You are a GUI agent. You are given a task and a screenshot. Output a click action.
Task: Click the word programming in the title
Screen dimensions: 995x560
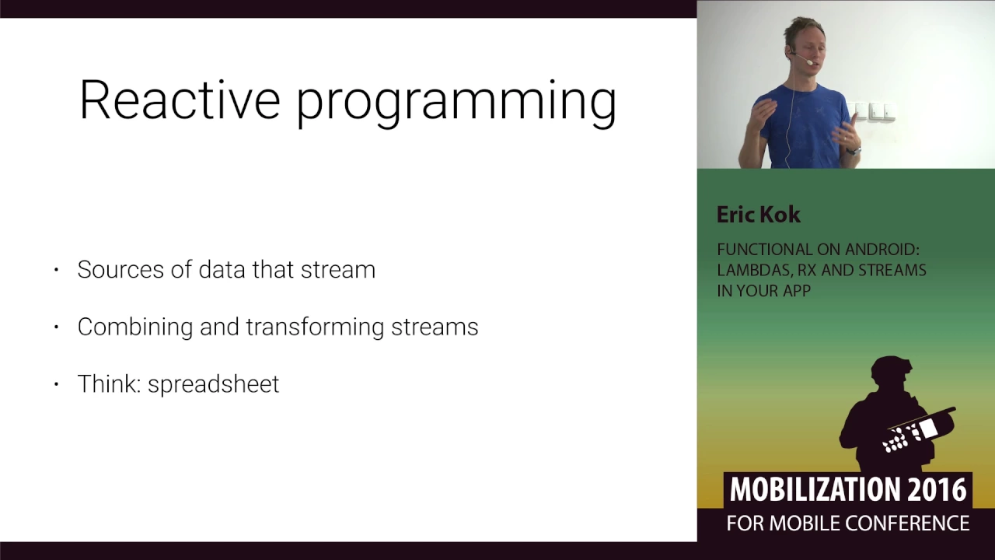coord(456,104)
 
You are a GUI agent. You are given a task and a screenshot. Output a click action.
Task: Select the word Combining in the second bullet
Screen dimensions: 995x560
coord(135,327)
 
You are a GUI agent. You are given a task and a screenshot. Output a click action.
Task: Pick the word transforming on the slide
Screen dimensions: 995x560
coord(315,327)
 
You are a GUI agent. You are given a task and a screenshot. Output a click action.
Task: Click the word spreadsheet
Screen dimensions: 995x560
coord(213,385)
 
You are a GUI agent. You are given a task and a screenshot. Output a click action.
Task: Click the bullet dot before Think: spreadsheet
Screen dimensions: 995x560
coord(56,384)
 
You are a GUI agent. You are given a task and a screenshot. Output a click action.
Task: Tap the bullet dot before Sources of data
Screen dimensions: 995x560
coord(56,269)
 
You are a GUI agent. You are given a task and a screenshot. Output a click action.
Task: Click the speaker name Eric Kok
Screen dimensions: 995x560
coord(758,215)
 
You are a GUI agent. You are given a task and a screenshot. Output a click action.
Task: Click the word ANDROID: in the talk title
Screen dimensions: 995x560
coord(882,250)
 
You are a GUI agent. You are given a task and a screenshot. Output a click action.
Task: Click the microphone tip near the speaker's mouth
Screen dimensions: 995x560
coord(810,63)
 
